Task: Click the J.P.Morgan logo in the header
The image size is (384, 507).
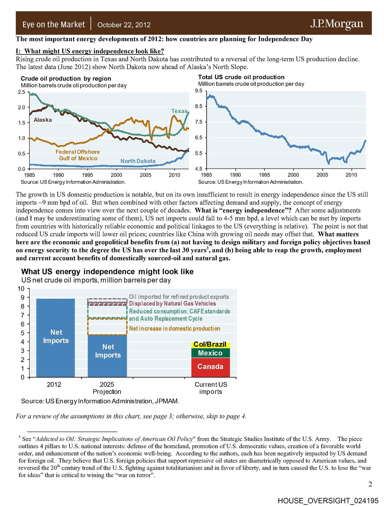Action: coord(336,24)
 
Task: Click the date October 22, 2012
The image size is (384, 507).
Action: coord(124,25)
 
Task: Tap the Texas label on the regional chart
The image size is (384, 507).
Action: coord(179,111)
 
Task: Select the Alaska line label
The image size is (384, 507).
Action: coord(43,120)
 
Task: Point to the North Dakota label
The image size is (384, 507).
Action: coord(138,161)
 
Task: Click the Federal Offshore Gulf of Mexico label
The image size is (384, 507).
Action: coord(78,155)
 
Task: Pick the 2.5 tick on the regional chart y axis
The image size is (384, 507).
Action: coord(22,92)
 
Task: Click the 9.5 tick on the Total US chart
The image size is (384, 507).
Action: coord(199,91)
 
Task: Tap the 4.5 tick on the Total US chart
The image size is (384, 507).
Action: coord(199,169)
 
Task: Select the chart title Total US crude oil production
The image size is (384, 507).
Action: coord(241,77)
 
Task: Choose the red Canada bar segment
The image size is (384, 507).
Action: coord(210,367)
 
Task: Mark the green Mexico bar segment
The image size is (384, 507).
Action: coord(210,353)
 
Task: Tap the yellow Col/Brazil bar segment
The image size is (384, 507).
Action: coord(210,345)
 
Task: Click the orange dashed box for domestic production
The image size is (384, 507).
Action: coord(107,327)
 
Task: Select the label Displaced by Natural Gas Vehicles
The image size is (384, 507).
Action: coord(172,304)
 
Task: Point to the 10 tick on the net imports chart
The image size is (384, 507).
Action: coord(21,289)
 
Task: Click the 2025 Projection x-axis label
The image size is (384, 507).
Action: coord(107,388)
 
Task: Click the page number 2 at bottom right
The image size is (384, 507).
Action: coord(370,484)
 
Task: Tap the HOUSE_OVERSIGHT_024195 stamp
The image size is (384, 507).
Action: coord(328,501)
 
